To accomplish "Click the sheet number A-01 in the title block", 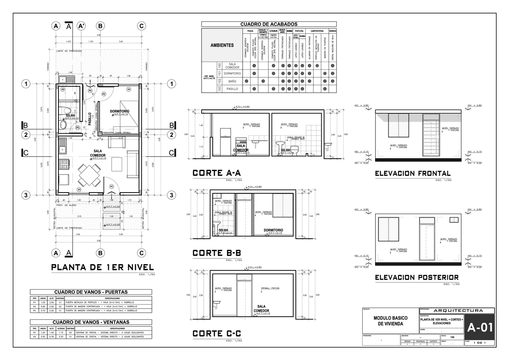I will pos(480,327).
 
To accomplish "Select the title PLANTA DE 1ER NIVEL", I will pos(102,267).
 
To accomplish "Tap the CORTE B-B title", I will pos(217,253).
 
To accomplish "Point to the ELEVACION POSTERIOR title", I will pos(417,277).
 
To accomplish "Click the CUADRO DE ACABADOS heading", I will pos(269,24).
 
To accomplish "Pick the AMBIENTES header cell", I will pos(222,45).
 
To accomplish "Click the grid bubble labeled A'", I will pos(82,26).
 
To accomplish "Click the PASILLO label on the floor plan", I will pos(90,119).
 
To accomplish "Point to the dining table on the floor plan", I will pos(89,174).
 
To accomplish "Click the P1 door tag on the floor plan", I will pos(111,186).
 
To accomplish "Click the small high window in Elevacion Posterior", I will pos(454,220).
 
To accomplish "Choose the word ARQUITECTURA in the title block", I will pos(458,310).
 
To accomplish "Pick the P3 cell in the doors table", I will pos(35,310).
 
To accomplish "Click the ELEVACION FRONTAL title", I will pos(413,173).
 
